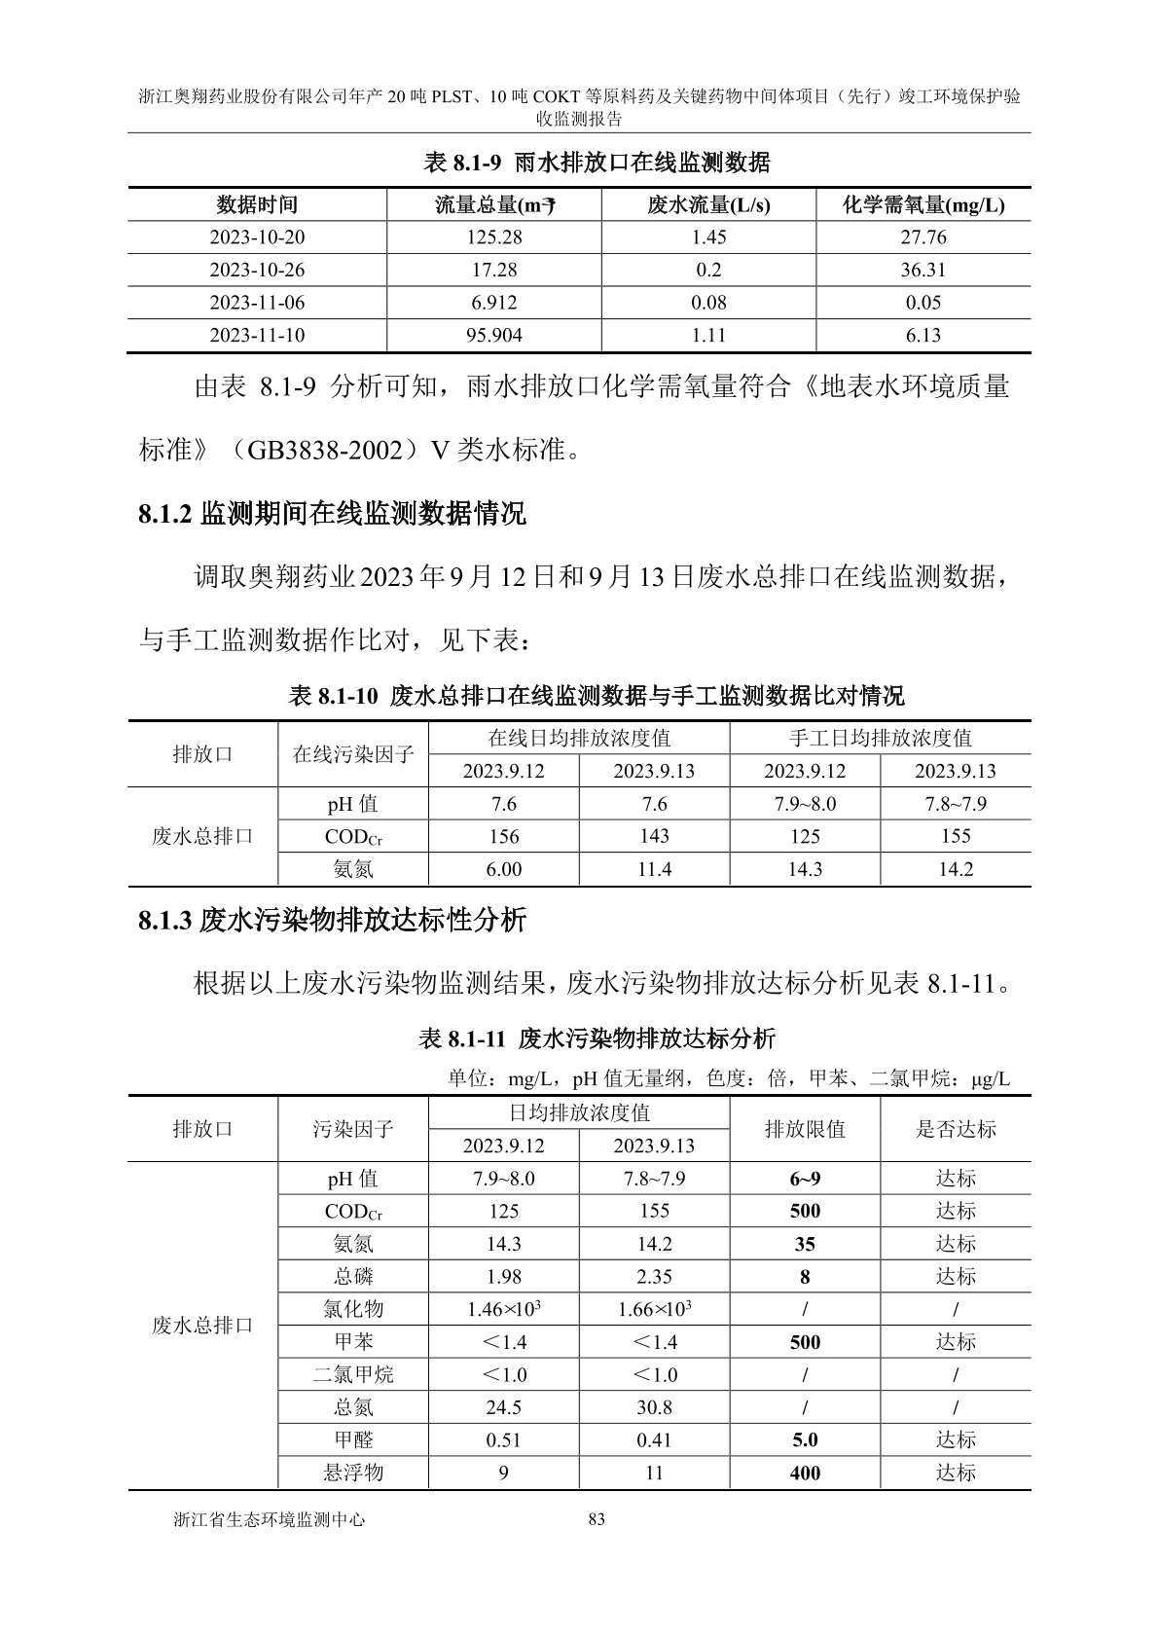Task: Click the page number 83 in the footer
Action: tap(597, 1518)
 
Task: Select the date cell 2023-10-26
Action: tap(257, 270)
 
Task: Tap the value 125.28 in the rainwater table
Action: tap(494, 237)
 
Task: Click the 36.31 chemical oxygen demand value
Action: tap(923, 270)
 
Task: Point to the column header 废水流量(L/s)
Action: tap(708, 205)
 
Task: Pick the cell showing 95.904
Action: tap(494, 335)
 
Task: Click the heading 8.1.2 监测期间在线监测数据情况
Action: tap(332, 513)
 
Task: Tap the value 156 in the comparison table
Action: tap(503, 836)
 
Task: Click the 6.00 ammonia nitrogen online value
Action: tap(503, 869)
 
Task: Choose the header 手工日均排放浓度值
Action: tap(880, 738)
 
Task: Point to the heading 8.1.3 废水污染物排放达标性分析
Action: tap(332, 920)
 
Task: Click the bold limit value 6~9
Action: tap(805, 1179)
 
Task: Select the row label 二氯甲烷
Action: tap(353, 1374)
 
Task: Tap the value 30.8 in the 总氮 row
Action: tap(654, 1407)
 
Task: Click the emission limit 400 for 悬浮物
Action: tap(805, 1474)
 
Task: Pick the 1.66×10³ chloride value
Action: tap(654, 1309)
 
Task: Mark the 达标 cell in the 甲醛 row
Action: tap(956, 1439)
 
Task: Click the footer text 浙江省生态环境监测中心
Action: tap(268, 1518)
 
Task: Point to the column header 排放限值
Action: tap(805, 1129)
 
